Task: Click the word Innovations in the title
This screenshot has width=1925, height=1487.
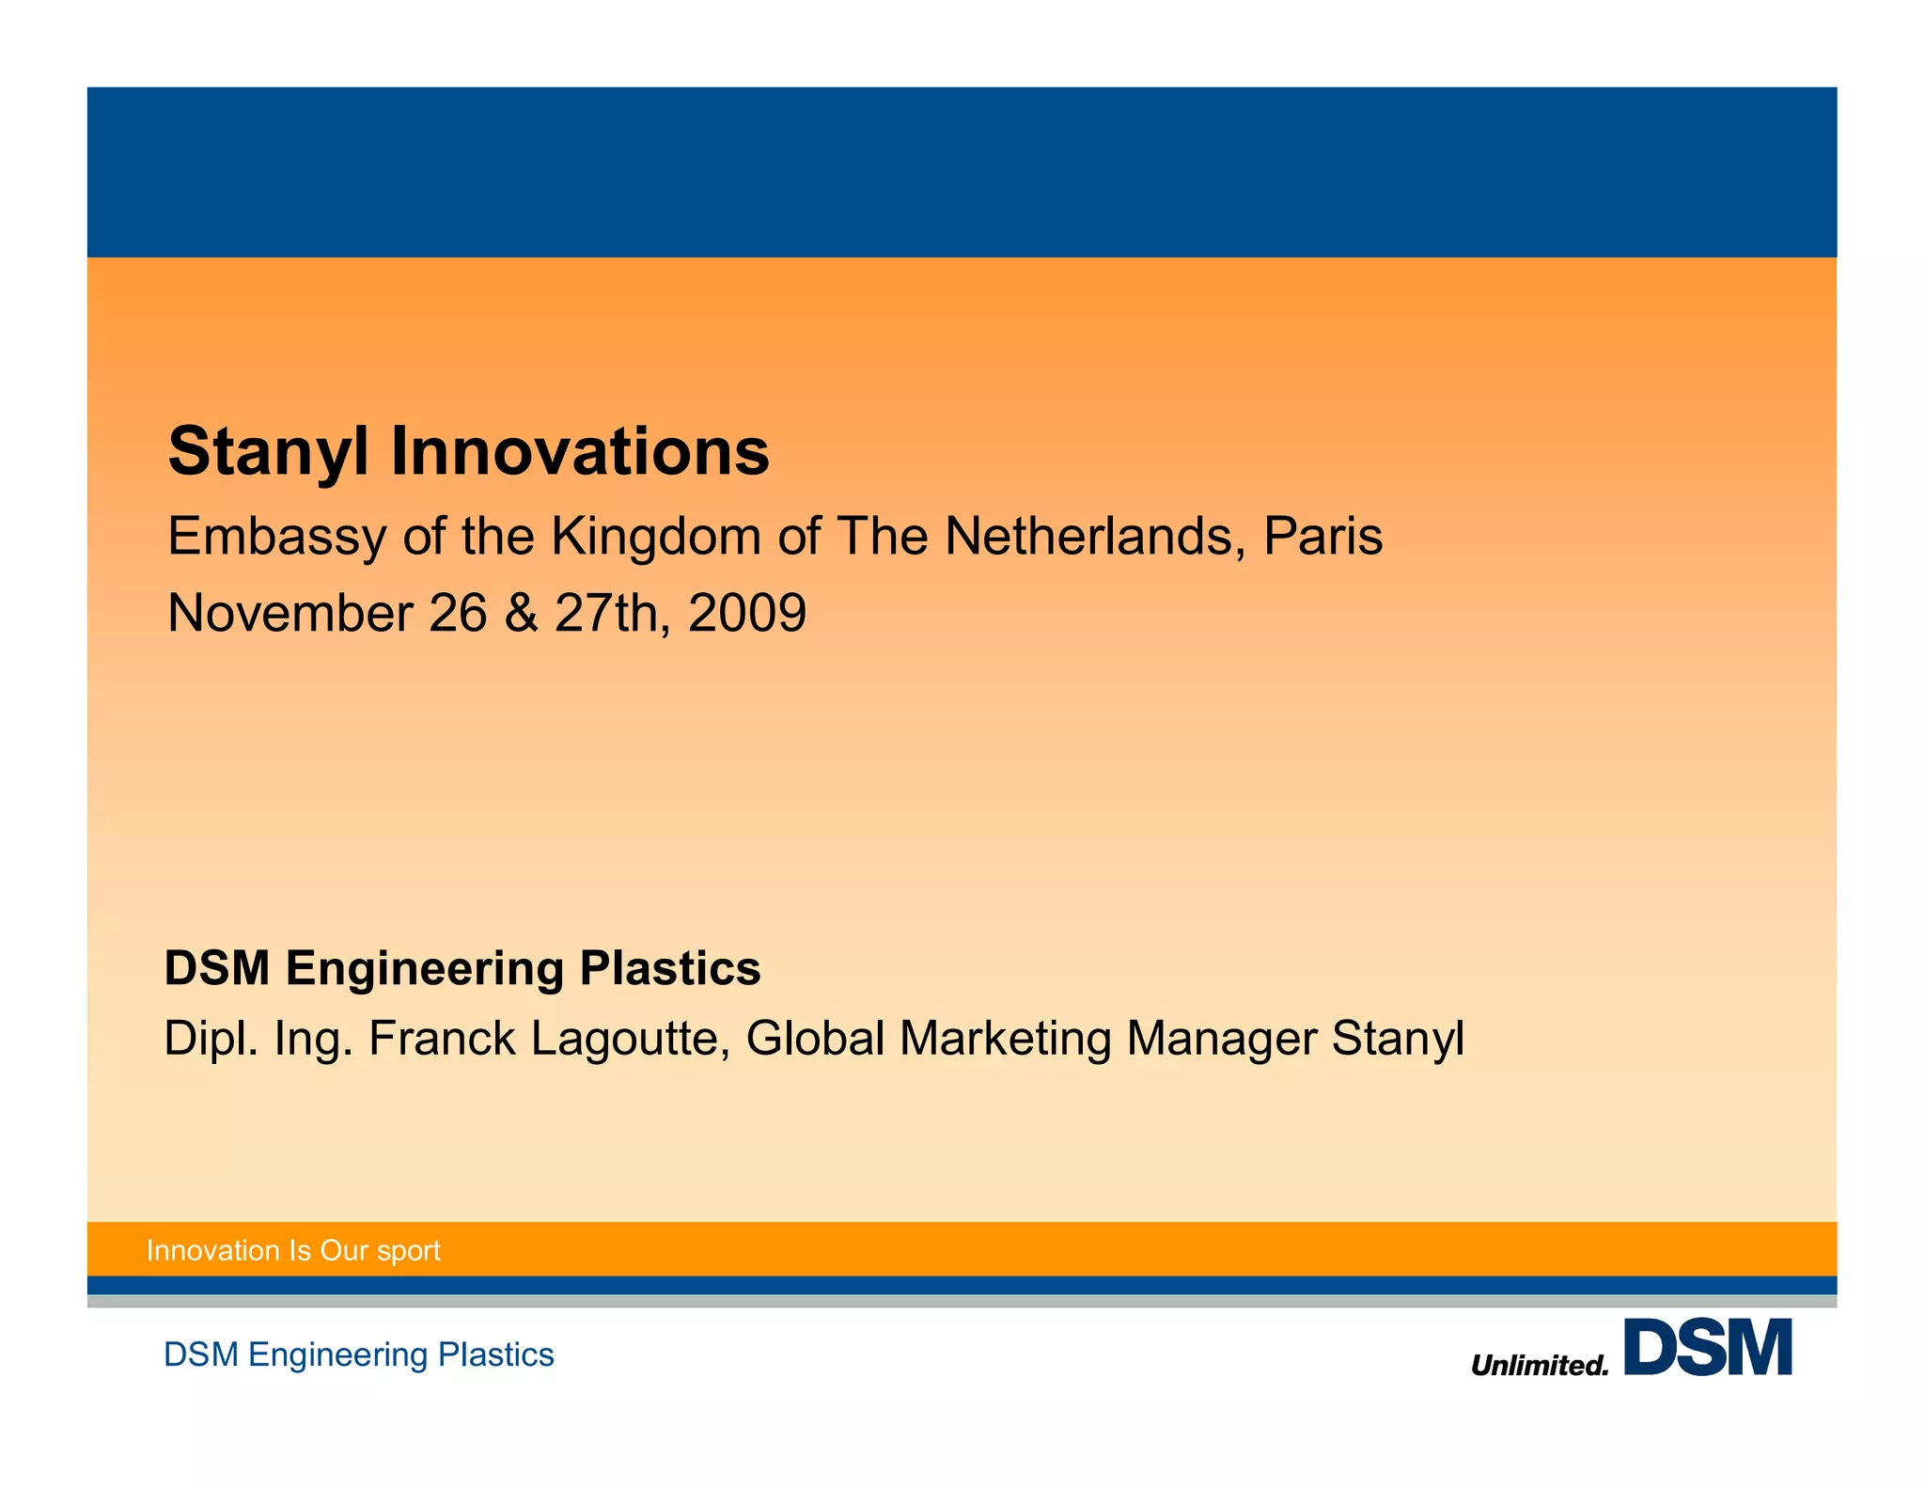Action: click(579, 452)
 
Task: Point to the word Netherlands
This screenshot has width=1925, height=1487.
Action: click(1094, 537)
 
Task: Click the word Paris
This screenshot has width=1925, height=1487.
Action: click(1322, 537)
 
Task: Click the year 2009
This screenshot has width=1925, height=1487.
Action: click(747, 614)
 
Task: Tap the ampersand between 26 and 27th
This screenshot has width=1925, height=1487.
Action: click(521, 614)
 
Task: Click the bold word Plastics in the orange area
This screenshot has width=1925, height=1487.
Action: click(669, 968)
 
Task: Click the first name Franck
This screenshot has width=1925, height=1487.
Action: click(442, 1040)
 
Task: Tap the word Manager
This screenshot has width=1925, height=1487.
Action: click(1222, 1040)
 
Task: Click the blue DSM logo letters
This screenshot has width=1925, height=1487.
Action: click(1708, 1348)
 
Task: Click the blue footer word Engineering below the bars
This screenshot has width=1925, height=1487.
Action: click(338, 1355)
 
